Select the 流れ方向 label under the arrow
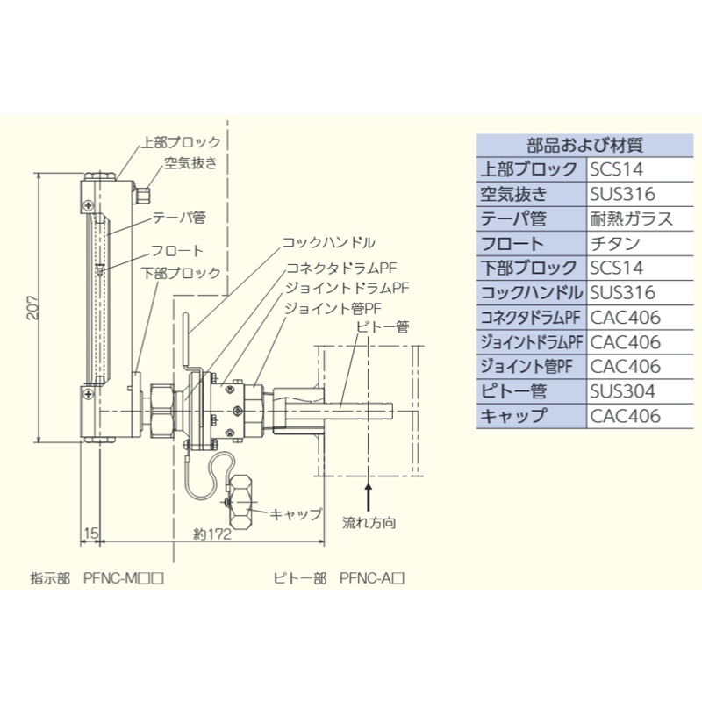(x=369, y=523)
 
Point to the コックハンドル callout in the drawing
(x=329, y=241)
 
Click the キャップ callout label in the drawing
(x=296, y=513)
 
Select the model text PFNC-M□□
(x=124, y=577)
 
